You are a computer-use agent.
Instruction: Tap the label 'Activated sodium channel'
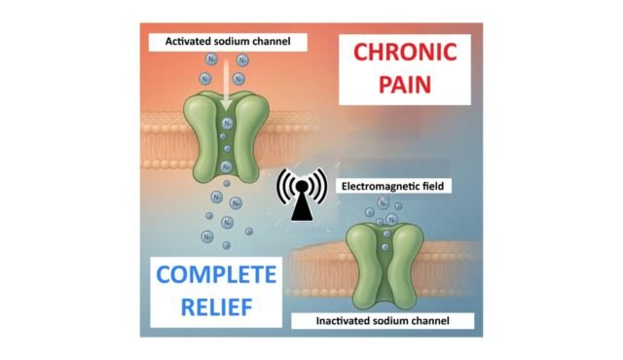click(x=226, y=41)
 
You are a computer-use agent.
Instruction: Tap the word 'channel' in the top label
click(x=275, y=41)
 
